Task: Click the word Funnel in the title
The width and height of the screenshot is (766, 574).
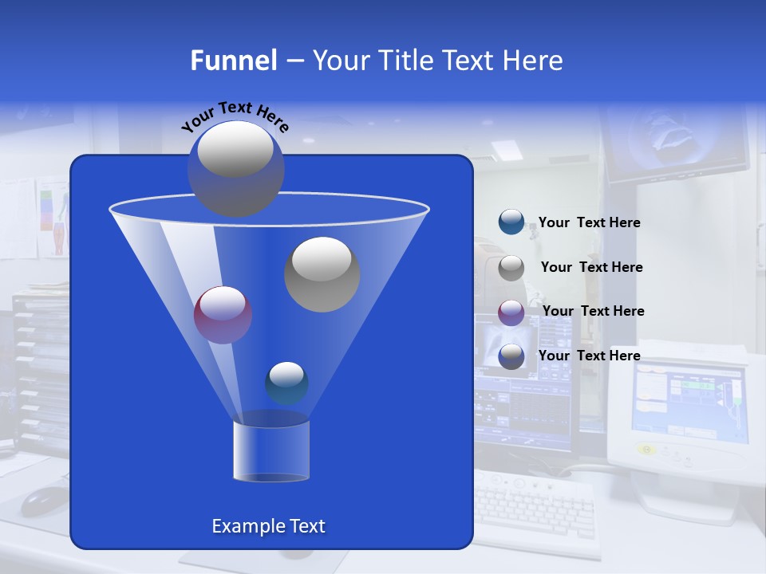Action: [x=234, y=61]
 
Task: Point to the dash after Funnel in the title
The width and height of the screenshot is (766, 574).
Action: [x=294, y=61]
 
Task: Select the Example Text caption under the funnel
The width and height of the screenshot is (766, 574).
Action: [x=268, y=526]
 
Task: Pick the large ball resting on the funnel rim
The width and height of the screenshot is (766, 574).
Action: [x=235, y=168]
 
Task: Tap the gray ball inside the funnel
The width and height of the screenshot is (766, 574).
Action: [x=322, y=274]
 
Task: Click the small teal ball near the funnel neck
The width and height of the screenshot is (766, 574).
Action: [x=286, y=383]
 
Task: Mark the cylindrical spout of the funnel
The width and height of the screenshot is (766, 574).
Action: [x=271, y=450]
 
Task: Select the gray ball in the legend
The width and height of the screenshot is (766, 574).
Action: [x=511, y=268]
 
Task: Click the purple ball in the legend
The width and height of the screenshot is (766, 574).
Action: [x=511, y=313]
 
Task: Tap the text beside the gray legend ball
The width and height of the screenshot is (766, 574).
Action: [x=591, y=268]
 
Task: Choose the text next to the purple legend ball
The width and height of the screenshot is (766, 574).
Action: [x=593, y=312]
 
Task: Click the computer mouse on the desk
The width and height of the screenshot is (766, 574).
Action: [x=44, y=499]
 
